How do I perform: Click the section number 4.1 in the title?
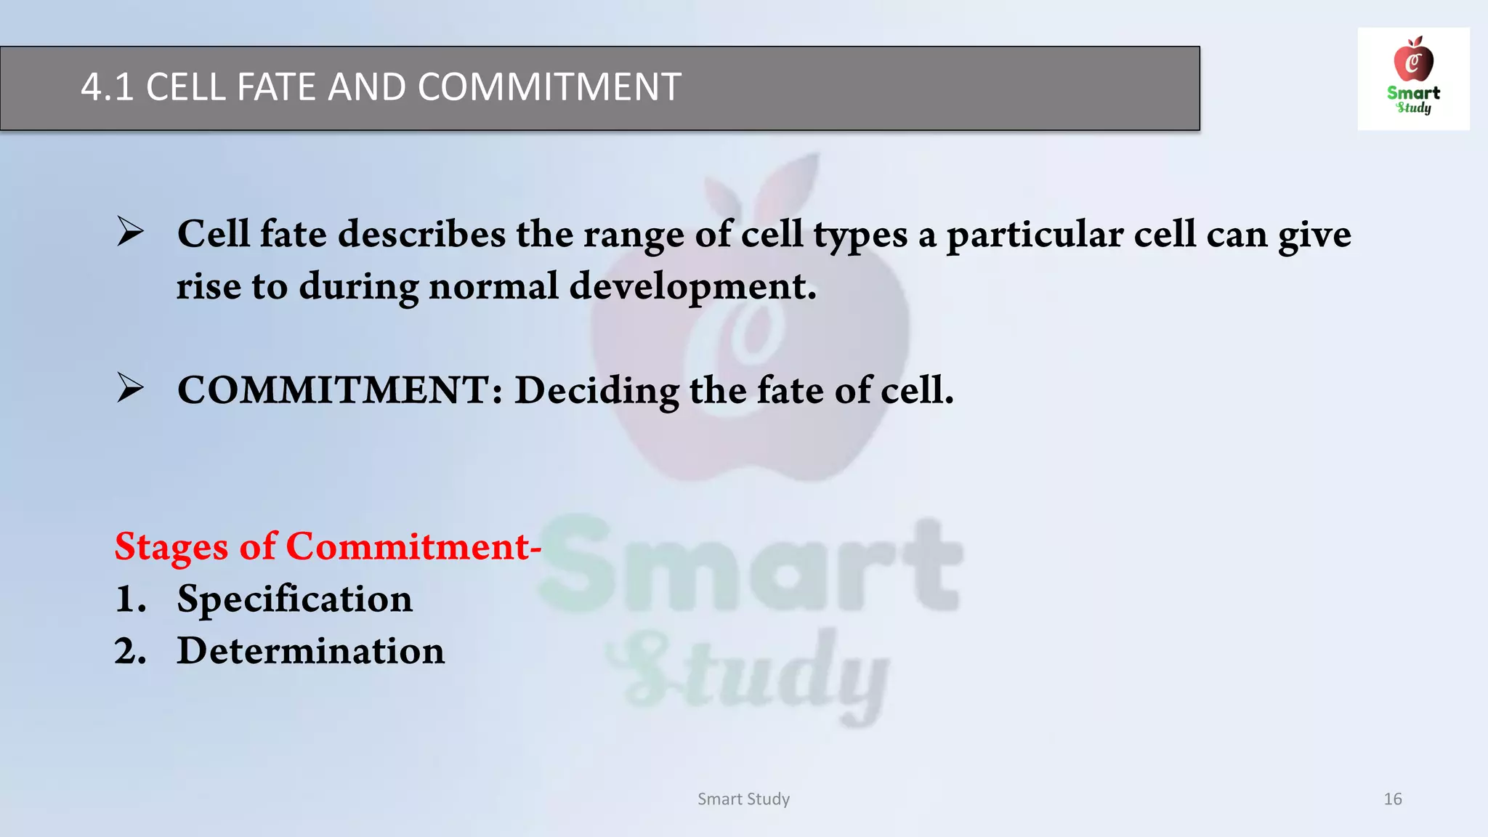tap(107, 87)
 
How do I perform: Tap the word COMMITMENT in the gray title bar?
tap(549, 87)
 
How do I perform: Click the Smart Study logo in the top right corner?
tap(1413, 78)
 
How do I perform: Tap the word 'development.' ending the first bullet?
tap(692, 287)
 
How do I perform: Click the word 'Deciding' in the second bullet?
tap(596, 391)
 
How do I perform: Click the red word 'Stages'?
tap(171, 546)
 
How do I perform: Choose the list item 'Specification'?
tap(294, 599)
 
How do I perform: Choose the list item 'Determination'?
tap(310, 650)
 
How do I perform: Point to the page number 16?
tap(1392, 799)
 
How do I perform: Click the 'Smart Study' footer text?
tap(743, 799)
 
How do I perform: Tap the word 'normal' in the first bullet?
tap(493, 286)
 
